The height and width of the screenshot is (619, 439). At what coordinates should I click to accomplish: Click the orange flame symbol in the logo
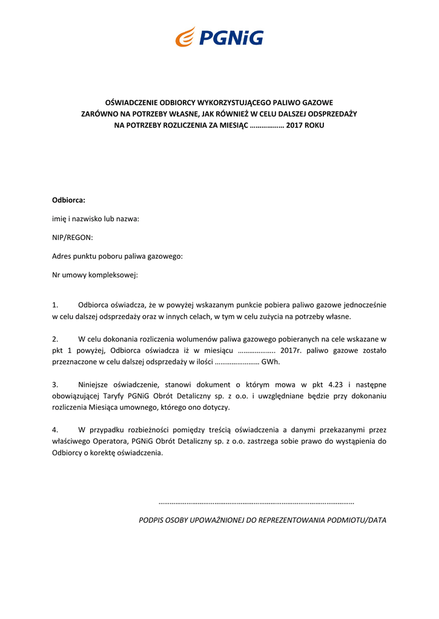tap(185, 37)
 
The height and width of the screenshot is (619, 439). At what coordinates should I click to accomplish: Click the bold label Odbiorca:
tap(68, 199)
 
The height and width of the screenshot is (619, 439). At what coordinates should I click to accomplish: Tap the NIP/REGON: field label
tap(72, 238)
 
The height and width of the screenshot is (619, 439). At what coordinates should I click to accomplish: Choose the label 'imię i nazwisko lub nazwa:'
tap(96, 218)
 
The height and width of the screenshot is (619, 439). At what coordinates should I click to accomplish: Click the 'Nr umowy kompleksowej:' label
tap(95, 275)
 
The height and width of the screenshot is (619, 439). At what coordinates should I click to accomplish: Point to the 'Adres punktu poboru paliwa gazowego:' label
tap(117, 256)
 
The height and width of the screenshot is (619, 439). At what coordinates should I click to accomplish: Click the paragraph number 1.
tap(55, 305)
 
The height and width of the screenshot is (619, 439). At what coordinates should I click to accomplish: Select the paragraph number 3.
tap(55, 384)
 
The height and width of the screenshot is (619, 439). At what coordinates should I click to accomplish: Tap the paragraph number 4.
tap(55, 430)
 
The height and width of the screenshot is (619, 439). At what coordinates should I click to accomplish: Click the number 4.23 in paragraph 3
tap(335, 384)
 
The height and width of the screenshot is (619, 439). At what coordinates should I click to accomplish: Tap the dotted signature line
tap(256, 502)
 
